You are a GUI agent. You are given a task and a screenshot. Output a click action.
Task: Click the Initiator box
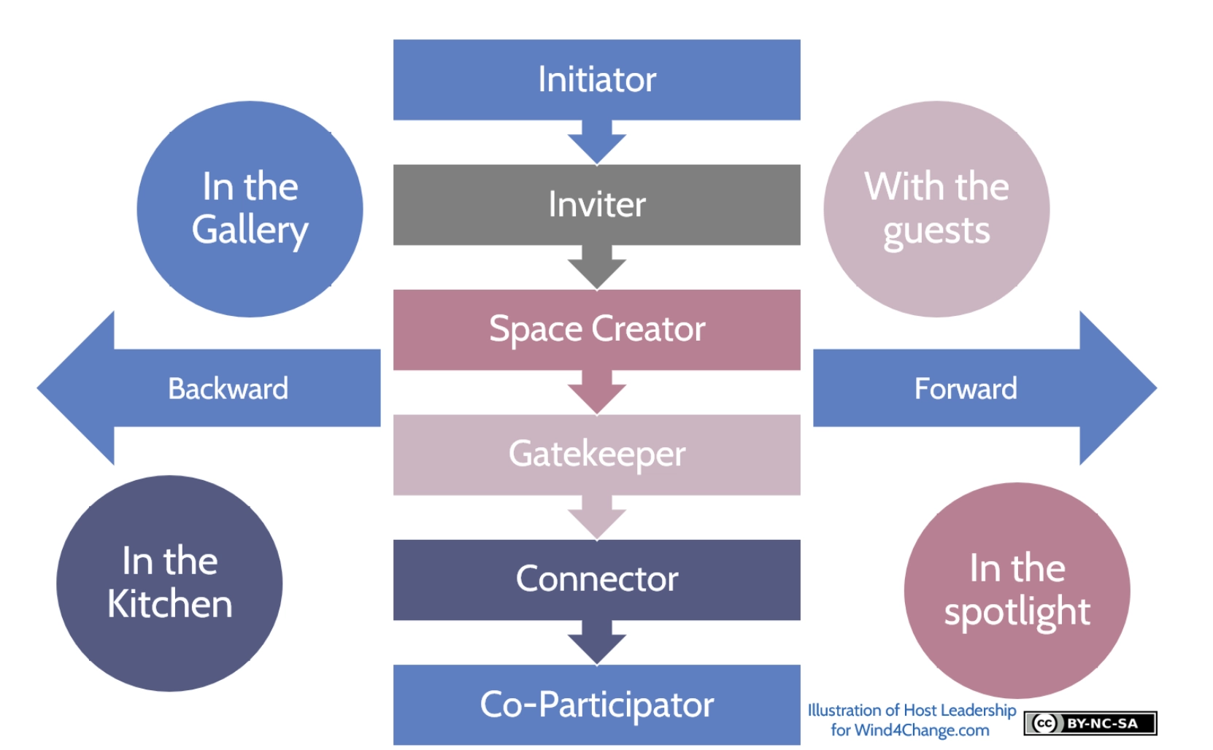pyautogui.click(x=597, y=80)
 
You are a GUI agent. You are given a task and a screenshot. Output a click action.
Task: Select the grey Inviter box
pyautogui.click(x=597, y=204)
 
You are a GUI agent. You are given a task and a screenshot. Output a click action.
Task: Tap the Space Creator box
pyautogui.click(x=597, y=330)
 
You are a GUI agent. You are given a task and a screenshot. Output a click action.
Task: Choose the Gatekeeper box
pyautogui.click(x=597, y=455)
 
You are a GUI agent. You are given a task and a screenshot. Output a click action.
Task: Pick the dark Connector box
pyautogui.click(x=597, y=579)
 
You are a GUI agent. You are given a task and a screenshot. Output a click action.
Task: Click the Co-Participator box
pyautogui.click(x=597, y=705)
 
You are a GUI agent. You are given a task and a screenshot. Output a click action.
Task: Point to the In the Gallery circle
pyautogui.click(x=250, y=209)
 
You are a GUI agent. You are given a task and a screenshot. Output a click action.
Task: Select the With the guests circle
pyautogui.click(x=936, y=209)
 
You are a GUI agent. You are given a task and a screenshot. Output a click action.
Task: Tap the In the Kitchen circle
pyautogui.click(x=169, y=584)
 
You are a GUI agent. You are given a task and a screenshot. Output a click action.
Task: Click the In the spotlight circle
pyautogui.click(x=1017, y=590)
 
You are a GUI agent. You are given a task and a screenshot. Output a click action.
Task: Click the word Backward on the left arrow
pyautogui.click(x=228, y=389)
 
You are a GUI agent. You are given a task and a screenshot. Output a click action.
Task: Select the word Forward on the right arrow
pyautogui.click(x=966, y=389)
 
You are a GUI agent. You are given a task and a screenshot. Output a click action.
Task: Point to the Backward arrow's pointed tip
pyautogui.click(x=37, y=388)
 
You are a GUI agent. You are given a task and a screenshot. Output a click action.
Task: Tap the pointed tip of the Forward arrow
pyautogui.click(x=1157, y=388)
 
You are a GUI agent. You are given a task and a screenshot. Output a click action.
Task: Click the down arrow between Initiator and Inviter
pyautogui.click(x=597, y=142)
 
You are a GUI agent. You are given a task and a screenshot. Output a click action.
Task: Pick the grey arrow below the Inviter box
pyautogui.click(x=597, y=267)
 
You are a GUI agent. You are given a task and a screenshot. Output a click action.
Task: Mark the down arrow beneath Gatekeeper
pyautogui.click(x=597, y=517)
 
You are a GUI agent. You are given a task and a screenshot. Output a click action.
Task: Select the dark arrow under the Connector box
pyautogui.click(x=597, y=642)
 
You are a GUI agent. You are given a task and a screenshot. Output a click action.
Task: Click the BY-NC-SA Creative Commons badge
pyautogui.click(x=1090, y=724)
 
